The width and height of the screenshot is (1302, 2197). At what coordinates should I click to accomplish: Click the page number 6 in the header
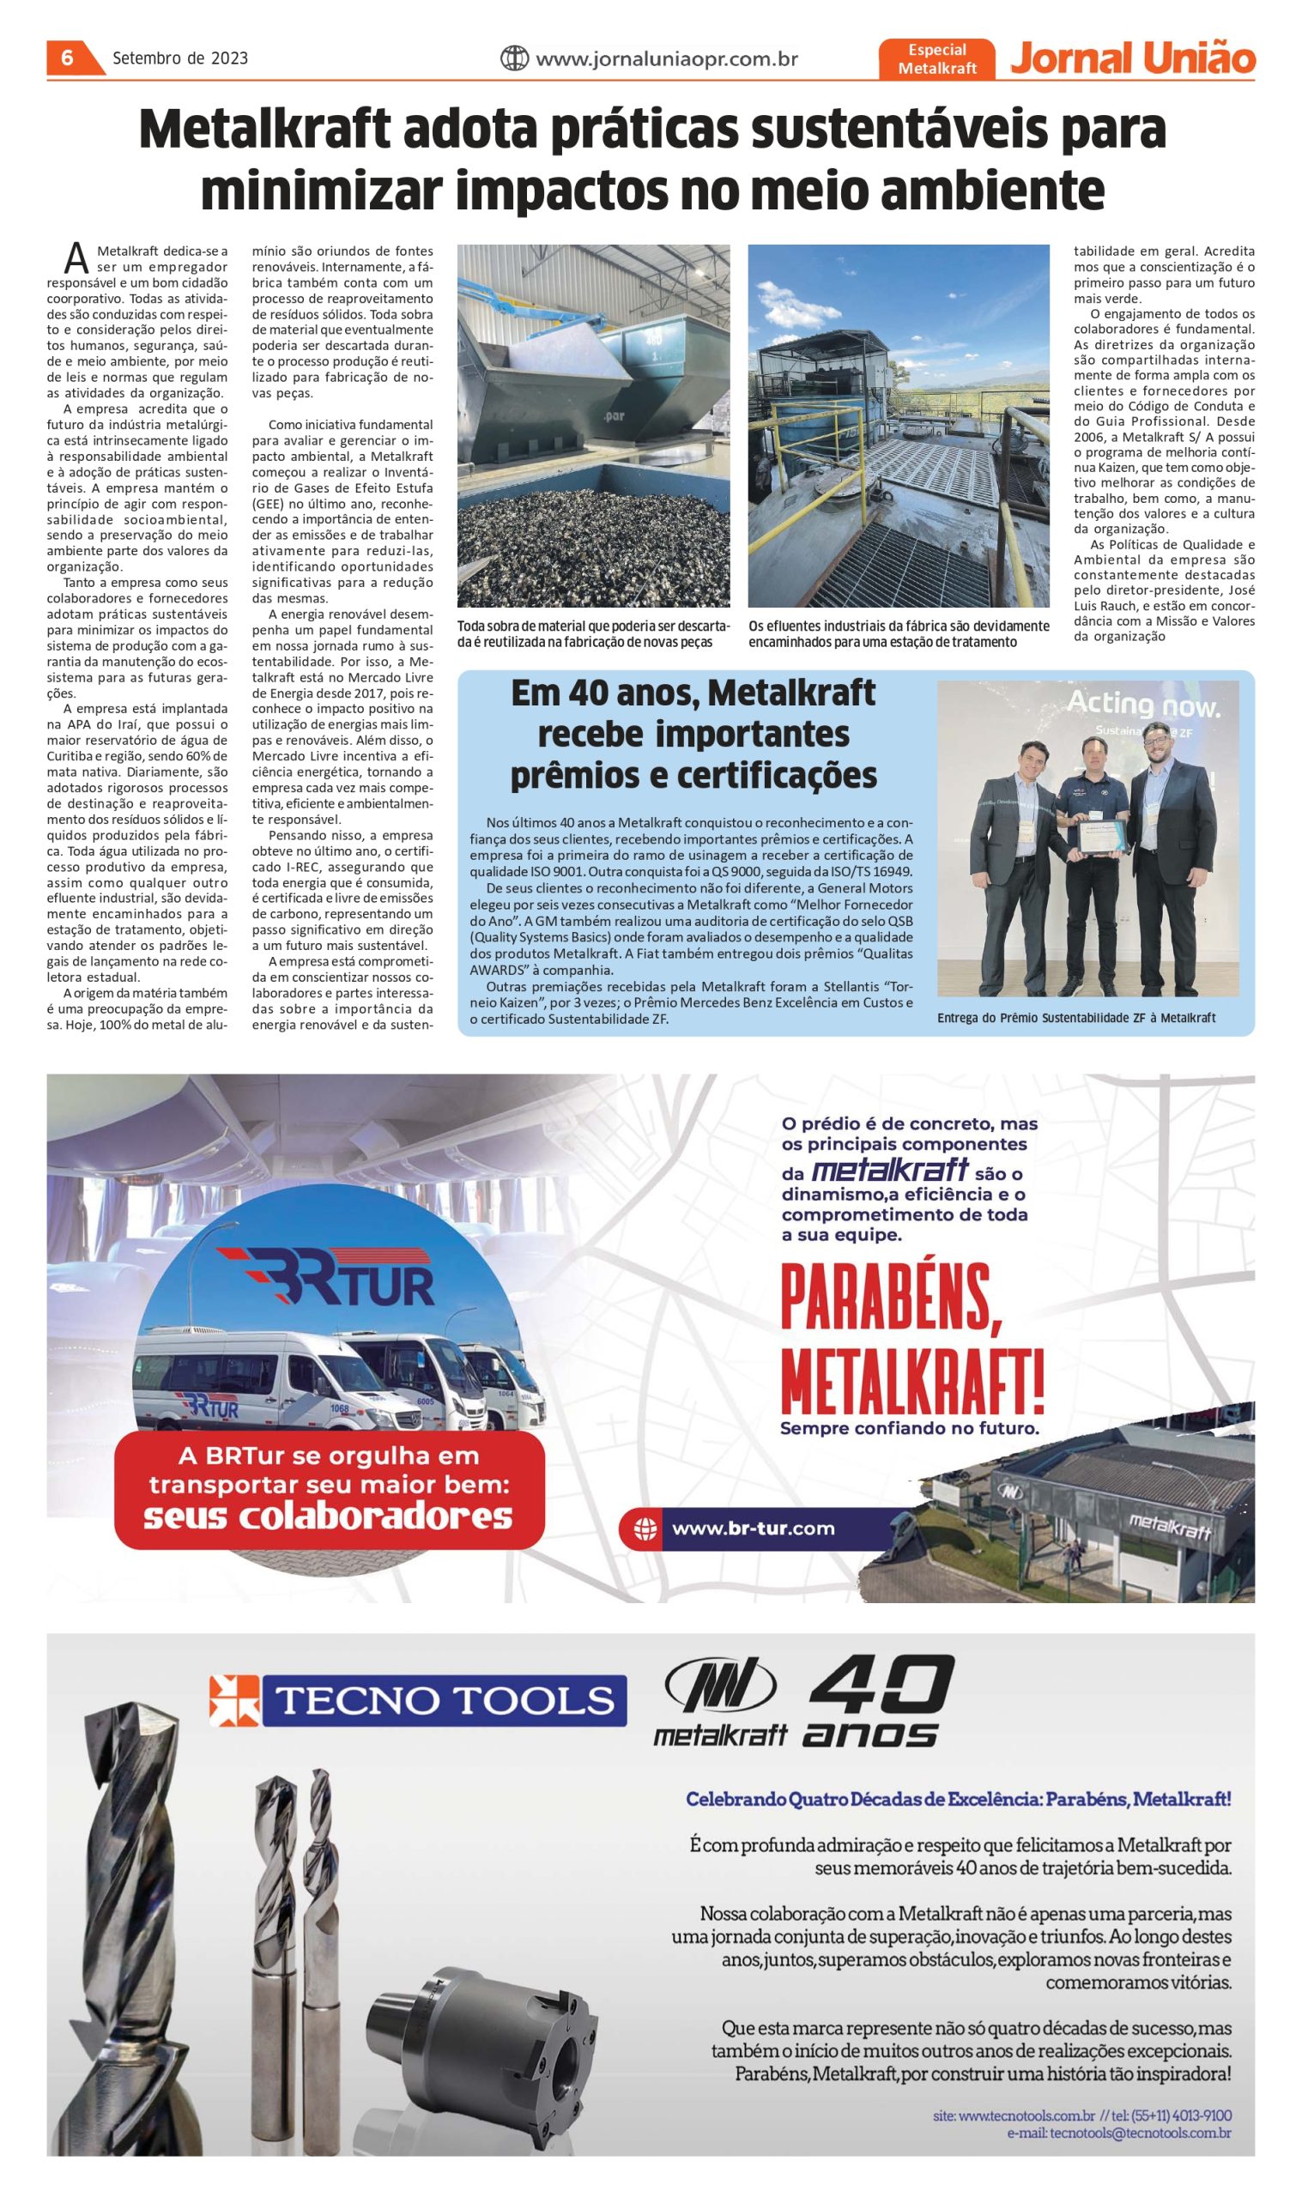(x=67, y=58)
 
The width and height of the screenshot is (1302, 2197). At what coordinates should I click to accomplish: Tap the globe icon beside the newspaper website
(x=514, y=58)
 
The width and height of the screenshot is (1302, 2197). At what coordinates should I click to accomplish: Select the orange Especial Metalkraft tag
(x=937, y=59)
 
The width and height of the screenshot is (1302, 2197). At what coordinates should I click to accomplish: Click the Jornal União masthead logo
(x=1133, y=57)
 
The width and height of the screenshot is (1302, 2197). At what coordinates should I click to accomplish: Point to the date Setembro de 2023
(x=180, y=58)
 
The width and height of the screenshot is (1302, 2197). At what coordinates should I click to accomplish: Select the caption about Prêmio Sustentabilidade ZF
(x=1075, y=1018)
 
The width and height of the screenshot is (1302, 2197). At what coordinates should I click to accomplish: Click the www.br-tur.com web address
(x=753, y=1528)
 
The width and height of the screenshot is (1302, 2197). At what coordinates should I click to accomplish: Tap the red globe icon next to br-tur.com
(x=645, y=1529)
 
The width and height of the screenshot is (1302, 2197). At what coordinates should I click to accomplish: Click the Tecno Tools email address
(x=1118, y=2133)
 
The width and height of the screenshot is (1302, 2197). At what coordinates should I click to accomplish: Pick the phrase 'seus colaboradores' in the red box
(x=328, y=1516)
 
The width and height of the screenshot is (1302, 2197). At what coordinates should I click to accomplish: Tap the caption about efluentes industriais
(x=899, y=634)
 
